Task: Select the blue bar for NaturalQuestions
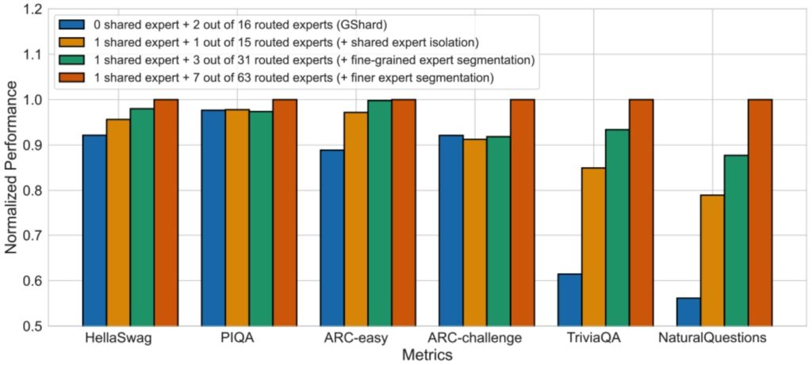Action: click(688, 311)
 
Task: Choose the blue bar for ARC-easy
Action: click(332, 238)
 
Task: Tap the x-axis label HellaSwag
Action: click(118, 340)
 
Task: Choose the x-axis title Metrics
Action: click(426, 355)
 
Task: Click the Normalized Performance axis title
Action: click(11, 168)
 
